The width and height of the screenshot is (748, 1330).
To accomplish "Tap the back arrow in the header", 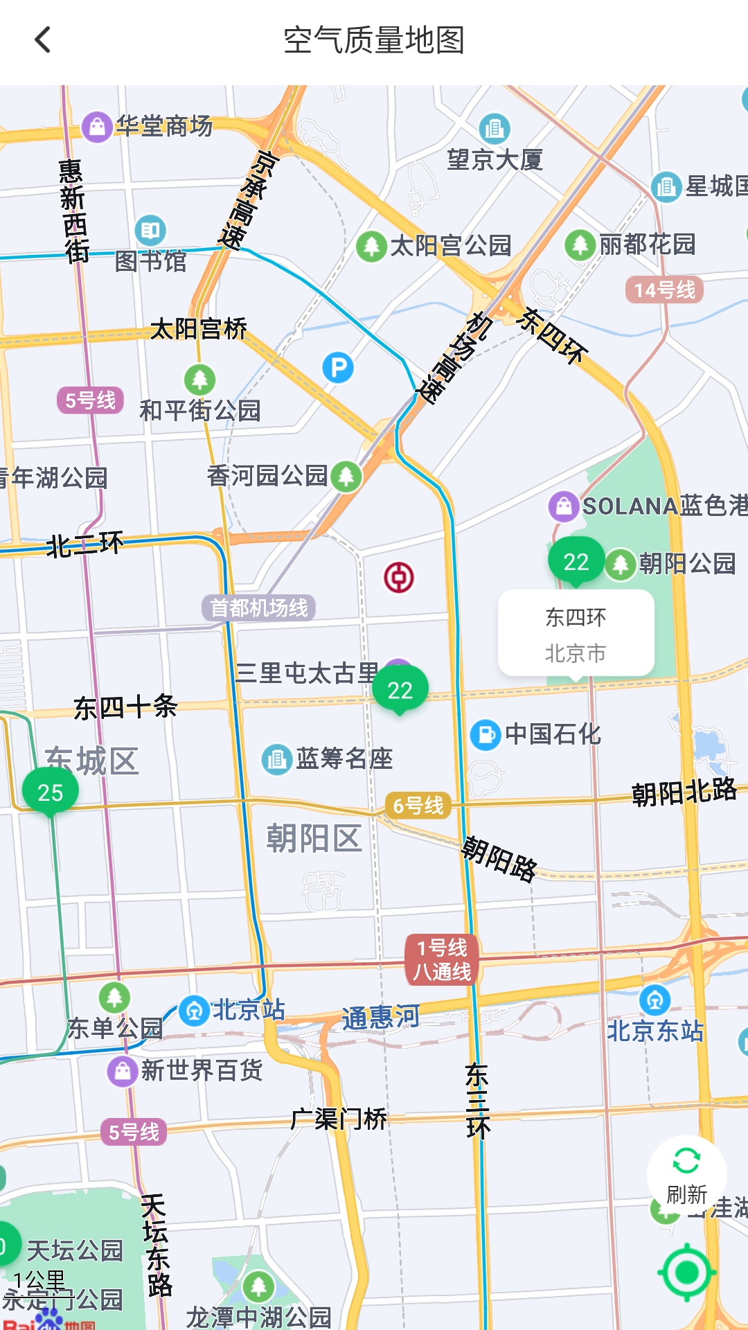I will [43, 40].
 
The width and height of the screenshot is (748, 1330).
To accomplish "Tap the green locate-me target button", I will [686, 1272].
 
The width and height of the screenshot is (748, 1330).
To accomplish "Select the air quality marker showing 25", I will [50, 792].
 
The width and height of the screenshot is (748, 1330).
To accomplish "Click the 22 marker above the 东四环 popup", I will [576, 561].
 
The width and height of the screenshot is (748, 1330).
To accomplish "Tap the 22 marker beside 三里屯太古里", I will [400, 689].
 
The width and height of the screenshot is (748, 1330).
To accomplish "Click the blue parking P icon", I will [338, 367].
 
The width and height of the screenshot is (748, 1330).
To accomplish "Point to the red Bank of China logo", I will [399, 577].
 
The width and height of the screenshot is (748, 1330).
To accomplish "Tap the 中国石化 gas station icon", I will [486, 734].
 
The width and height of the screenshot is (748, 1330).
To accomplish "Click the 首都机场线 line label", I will [259, 608].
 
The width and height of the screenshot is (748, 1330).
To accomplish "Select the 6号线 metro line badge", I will [418, 806].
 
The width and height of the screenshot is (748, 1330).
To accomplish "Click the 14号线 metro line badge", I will [664, 290].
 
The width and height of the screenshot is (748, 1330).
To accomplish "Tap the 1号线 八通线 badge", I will [442, 959].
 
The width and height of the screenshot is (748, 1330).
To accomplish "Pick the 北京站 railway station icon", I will [194, 1011].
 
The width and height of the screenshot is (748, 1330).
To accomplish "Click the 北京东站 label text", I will [654, 1031].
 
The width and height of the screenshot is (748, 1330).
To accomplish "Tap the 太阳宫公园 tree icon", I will [371, 245].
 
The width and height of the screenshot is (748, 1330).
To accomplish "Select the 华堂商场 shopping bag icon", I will [97, 127].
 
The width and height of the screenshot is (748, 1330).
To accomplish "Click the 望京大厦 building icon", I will [495, 128].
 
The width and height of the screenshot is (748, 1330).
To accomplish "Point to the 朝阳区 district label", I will [314, 838].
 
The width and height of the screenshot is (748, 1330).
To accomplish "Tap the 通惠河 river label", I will [380, 1018].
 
